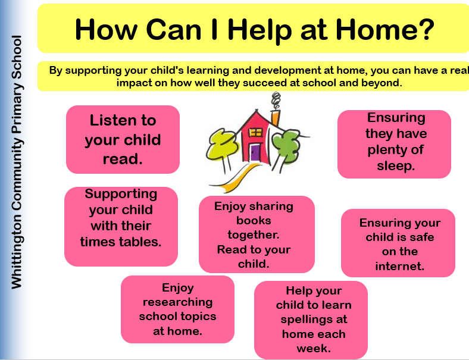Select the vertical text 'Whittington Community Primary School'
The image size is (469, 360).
[x=17, y=162]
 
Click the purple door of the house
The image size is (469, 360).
[x=255, y=152]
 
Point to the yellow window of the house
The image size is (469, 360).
[x=256, y=132]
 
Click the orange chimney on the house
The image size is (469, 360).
[x=276, y=118]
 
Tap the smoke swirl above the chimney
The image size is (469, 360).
[x=276, y=101]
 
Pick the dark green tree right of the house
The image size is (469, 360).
[x=286, y=146]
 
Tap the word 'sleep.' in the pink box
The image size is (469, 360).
[x=396, y=166]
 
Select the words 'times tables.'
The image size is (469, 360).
[x=121, y=242]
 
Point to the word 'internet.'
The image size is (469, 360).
[x=400, y=266]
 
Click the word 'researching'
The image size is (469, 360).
[x=178, y=303]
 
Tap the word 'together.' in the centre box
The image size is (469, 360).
[x=254, y=235]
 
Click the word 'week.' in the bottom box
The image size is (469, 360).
[x=314, y=348]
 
